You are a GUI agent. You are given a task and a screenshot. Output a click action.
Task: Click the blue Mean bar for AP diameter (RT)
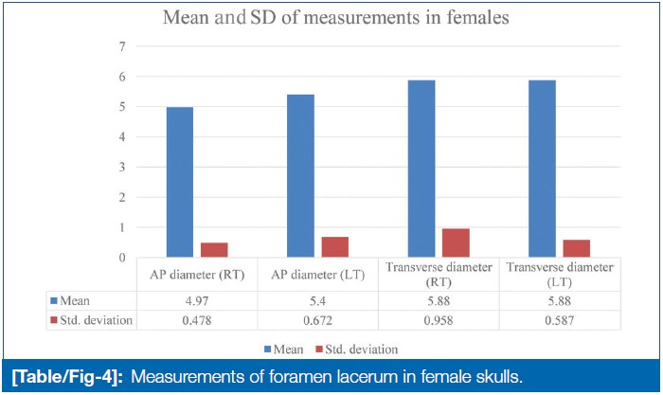click(x=180, y=182)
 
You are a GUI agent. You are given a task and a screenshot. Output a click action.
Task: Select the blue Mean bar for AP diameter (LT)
click(x=299, y=175)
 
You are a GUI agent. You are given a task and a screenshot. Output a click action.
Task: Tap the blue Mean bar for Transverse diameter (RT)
click(x=421, y=169)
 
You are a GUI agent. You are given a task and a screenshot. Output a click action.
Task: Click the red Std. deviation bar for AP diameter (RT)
click(x=214, y=250)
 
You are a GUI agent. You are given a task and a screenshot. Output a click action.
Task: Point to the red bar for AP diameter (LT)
click(x=333, y=247)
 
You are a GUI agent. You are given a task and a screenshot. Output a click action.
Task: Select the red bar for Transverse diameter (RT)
click(x=455, y=242)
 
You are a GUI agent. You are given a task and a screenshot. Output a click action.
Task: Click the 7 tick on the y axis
click(x=121, y=46)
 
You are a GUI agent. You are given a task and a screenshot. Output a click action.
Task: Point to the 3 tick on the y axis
click(x=121, y=167)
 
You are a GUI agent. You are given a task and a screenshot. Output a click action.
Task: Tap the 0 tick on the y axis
click(x=121, y=258)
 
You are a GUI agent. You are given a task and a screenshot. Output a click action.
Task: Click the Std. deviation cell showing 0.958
click(x=438, y=320)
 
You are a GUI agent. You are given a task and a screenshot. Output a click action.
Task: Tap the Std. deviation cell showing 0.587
click(x=558, y=320)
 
